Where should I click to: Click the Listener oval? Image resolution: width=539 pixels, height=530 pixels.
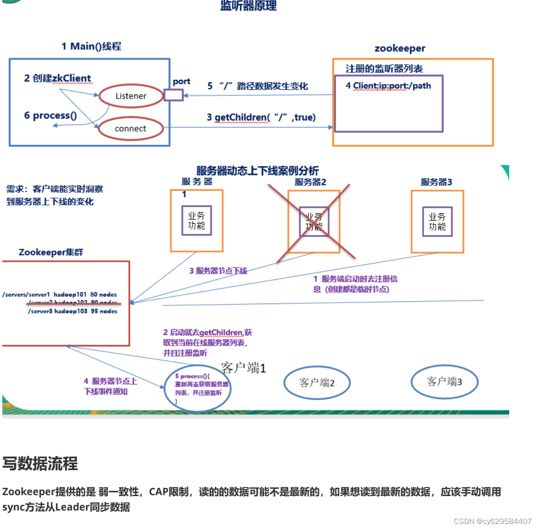coord(131,96)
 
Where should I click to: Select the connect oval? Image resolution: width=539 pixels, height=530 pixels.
coord(131,129)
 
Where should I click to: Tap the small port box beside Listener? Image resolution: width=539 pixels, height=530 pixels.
coord(173,95)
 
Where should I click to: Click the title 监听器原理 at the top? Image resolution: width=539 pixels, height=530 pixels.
coord(249,6)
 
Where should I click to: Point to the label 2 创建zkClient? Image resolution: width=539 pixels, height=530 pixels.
coord(58,78)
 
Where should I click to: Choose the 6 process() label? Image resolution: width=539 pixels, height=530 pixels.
coord(50,115)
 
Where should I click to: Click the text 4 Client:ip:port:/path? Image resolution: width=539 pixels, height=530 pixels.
coord(388,86)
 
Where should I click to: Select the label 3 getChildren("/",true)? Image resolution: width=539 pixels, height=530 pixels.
coord(261,117)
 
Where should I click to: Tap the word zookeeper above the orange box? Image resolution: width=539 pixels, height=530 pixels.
coord(400,48)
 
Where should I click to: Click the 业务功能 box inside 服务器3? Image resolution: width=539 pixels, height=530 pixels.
coord(437,222)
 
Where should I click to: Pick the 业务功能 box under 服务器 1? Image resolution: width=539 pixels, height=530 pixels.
coord(196,220)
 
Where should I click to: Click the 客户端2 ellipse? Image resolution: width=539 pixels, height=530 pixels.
coord(317,383)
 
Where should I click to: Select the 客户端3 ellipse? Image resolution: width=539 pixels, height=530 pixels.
coord(445,382)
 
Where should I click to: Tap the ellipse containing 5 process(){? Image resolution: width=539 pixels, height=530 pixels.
coord(198,388)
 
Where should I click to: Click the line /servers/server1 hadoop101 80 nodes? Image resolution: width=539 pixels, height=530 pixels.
coord(60,294)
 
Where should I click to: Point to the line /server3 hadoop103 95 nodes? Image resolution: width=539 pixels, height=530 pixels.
coord(73,311)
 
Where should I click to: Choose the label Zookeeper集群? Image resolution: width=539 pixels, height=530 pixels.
coord(51,252)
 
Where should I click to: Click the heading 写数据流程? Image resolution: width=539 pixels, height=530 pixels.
coord(40,464)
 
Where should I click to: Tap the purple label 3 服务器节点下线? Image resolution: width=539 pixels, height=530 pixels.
coord(218,271)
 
